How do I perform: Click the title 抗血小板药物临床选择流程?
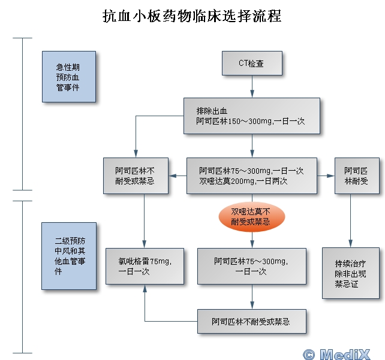192,16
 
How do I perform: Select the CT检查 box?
252,63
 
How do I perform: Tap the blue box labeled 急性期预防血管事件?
69,77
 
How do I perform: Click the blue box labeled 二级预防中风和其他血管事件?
69,256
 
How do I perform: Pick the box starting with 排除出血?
252,116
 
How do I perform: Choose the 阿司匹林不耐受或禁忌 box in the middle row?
136,176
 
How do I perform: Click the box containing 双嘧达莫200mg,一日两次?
252,176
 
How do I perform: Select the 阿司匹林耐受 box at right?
357,176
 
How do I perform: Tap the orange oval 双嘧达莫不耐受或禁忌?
252,217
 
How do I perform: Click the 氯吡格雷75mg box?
145,266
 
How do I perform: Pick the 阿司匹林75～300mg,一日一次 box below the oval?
252,266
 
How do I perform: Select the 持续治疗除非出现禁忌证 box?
351,273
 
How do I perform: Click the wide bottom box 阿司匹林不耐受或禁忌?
252,321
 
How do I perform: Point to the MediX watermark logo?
336,354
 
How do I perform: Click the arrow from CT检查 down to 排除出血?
252,87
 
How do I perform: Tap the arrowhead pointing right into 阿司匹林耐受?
330,176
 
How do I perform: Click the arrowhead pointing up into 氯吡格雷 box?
145,288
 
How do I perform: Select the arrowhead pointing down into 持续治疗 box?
350,244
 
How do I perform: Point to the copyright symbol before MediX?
309,355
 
